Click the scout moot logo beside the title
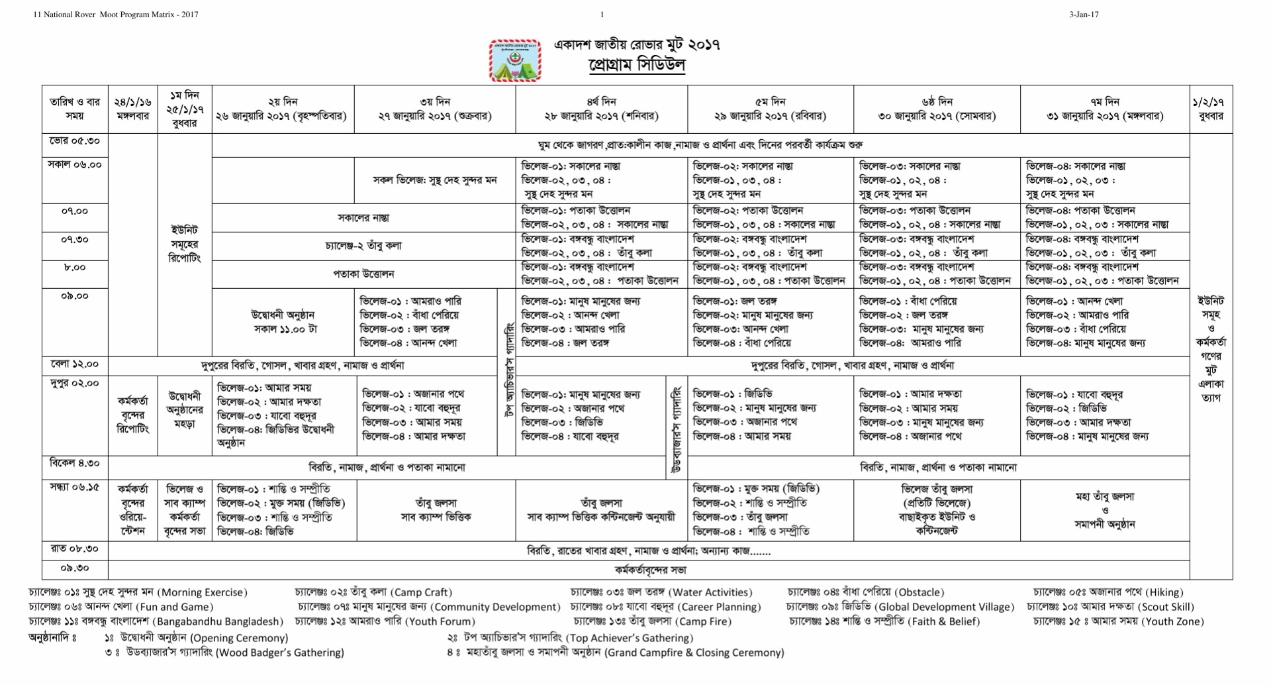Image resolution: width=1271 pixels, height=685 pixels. (x=515, y=61)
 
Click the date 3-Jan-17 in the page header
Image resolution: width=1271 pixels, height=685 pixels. (x=1084, y=15)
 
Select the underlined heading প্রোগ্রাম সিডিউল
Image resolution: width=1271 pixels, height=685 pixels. (x=636, y=66)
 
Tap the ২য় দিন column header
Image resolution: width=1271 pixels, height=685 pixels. (x=283, y=109)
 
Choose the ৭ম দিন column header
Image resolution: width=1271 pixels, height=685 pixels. (x=1105, y=109)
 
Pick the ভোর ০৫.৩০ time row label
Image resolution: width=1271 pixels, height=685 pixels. (x=75, y=141)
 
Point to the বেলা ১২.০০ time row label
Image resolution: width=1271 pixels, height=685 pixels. (x=75, y=364)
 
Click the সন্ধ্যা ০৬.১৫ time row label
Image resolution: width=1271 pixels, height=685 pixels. (x=75, y=487)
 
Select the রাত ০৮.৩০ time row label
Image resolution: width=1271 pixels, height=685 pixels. (x=75, y=549)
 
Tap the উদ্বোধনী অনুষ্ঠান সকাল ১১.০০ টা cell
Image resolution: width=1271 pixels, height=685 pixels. (x=283, y=322)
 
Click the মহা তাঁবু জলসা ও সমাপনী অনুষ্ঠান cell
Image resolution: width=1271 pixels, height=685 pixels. (x=1105, y=510)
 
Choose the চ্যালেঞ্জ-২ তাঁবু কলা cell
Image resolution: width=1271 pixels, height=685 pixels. (x=363, y=246)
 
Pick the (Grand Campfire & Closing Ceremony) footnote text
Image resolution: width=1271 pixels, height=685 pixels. (x=694, y=653)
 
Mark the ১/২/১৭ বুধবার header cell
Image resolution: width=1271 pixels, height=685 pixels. (x=1211, y=109)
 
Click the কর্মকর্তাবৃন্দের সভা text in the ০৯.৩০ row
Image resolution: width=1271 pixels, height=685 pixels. (x=649, y=570)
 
